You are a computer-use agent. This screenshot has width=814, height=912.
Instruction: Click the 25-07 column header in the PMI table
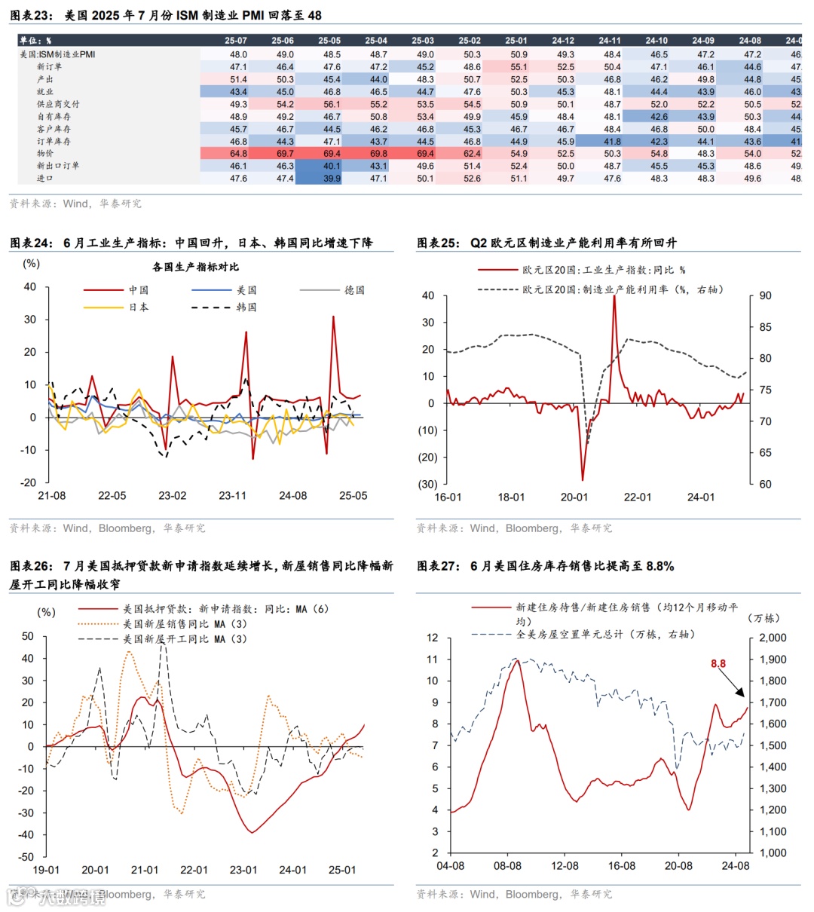point(236,41)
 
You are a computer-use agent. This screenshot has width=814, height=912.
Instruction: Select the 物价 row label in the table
point(45,154)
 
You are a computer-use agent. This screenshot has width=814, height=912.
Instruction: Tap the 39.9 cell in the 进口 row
point(332,179)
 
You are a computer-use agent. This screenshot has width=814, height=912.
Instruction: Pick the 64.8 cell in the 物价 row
point(238,154)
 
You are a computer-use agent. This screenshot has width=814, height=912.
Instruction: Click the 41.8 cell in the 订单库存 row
point(612,142)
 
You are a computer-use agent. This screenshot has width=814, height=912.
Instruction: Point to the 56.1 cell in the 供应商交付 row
point(332,105)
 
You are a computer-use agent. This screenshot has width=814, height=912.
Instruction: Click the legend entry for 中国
point(139,290)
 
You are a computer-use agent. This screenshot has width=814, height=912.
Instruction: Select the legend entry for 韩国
point(246,308)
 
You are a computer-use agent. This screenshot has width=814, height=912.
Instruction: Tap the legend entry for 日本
point(139,308)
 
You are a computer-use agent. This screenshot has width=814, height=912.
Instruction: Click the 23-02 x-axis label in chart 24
point(172,496)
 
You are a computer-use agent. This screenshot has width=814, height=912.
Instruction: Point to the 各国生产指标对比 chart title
point(195,267)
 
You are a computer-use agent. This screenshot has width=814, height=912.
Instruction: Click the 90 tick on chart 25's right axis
point(765,296)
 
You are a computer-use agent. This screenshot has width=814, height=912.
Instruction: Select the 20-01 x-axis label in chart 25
point(574,497)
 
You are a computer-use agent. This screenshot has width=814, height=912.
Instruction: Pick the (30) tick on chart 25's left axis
point(427,485)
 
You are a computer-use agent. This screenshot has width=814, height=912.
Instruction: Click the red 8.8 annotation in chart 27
point(718,664)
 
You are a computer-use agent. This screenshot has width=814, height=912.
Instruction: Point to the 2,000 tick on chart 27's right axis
point(772,638)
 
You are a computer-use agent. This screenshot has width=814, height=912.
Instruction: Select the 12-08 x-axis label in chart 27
point(565,866)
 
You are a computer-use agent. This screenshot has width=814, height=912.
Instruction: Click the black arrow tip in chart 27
point(744,696)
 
